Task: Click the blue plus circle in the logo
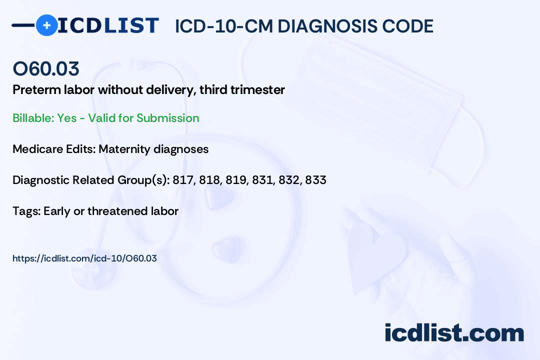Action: (46, 25)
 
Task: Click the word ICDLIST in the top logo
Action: (108, 25)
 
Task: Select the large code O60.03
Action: (46, 68)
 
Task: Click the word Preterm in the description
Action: (36, 89)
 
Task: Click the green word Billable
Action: (33, 118)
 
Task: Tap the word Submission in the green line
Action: (167, 118)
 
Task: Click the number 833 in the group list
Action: (315, 180)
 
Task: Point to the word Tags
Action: (26, 211)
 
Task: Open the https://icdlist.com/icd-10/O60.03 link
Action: (84, 258)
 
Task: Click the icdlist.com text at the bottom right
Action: (454, 333)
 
